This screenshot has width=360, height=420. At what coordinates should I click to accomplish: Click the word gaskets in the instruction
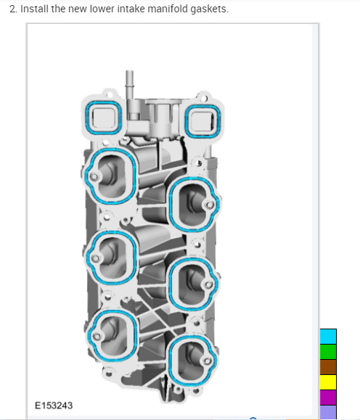(x=209, y=9)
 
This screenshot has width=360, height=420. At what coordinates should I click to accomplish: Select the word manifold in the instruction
(x=168, y=9)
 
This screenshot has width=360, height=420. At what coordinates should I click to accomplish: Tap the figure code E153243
(x=54, y=405)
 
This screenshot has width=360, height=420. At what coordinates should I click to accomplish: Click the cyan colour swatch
(x=328, y=337)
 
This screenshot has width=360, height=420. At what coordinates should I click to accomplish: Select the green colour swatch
(x=328, y=352)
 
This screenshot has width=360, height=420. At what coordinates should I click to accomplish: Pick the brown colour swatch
(x=328, y=367)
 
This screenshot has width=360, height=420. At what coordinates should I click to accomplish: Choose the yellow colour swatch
(x=328, y=382)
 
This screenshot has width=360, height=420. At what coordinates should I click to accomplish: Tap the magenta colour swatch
(x=328, y=398)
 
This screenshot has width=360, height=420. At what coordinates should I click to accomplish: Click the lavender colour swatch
(x=328, y=412)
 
